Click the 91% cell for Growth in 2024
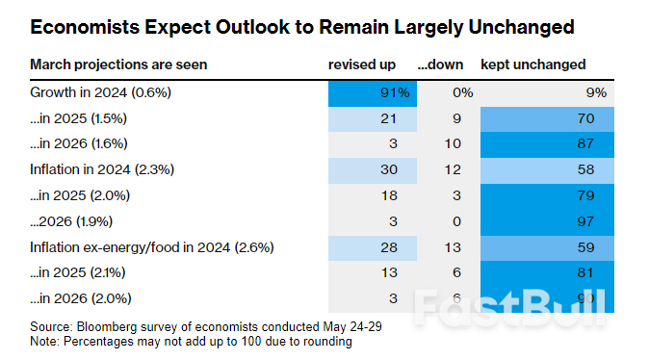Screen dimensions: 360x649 tap(373, 93)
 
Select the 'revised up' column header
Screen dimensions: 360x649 tap(361, 64)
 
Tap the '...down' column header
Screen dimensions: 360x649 tap(441, 64)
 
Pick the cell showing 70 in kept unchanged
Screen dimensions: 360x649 tap(545, 119)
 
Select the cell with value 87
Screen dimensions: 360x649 tap(545, 144)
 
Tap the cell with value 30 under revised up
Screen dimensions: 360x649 tap(373, 170)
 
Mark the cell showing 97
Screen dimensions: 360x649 tap(545, 221)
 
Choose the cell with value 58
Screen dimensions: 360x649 tap(545, 170)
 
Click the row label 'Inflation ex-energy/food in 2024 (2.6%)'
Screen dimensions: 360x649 tap(152, 247)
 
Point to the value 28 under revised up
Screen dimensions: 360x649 tap(373, 247)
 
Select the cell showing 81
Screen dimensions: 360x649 tap(545, 272)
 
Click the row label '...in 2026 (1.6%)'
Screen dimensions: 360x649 tap(80, 144)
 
